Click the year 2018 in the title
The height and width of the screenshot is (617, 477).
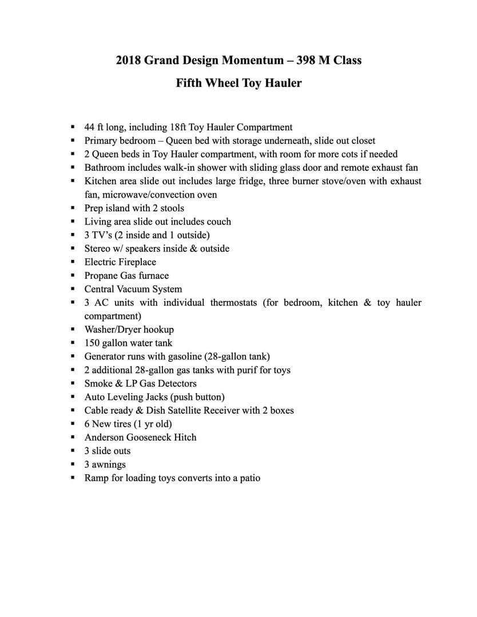click(128, 60)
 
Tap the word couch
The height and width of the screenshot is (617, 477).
click(218, 222)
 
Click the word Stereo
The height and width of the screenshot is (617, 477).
click(98, 249)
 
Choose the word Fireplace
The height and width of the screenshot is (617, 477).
click(137, 262)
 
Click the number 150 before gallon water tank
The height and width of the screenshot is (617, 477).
click(92, 343)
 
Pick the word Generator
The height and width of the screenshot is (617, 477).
click(105, 356)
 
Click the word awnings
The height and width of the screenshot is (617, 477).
click(109, 464)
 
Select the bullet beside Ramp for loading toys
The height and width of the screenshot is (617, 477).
click(73, 478)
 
